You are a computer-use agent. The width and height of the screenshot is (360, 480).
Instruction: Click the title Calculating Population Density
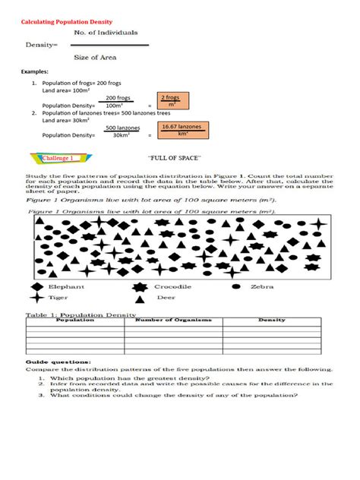pos(60,12)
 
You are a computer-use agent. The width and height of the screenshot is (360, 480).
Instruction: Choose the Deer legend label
pos(166,298)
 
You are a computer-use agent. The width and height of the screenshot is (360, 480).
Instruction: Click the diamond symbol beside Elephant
pos(35,287)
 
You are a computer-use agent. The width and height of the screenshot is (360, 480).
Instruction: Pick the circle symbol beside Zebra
pos(236,287)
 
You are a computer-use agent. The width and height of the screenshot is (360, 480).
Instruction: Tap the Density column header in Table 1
pos(271,321)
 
